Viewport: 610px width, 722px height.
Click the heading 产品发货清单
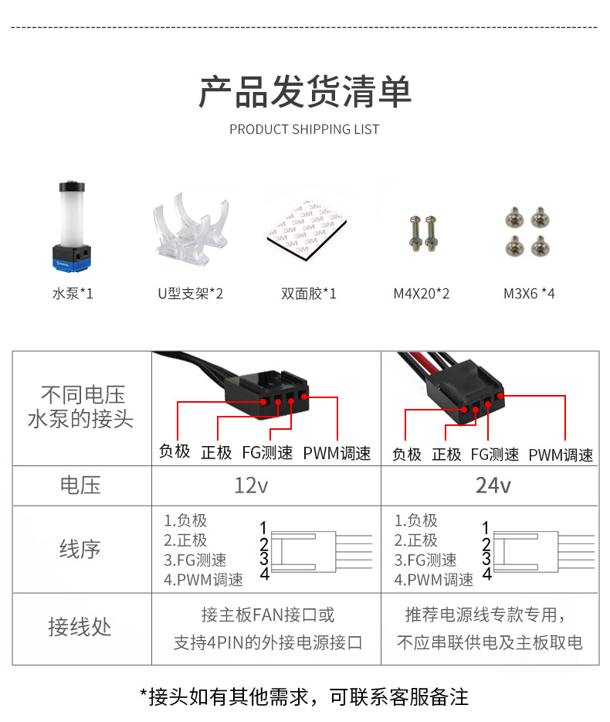[x=304, y=92]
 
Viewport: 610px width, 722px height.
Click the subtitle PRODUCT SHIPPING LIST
[x=304, y=129]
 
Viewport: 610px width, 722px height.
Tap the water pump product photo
[x=72, y=226]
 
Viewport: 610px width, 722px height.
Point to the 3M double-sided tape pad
[x=307, y=230]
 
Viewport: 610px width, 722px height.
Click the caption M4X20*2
[x=422, y=293]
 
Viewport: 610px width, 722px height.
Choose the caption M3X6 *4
[x=529, y=293]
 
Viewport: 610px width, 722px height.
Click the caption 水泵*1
[x=73, y=293]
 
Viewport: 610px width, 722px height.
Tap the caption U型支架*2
[x=191, y=293]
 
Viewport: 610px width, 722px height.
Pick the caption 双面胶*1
[x=309, y=293]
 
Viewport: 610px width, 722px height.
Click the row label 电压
[x=80, y=485]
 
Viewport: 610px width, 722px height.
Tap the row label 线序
[x=80, y=549]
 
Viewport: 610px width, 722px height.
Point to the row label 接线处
[x=80, y=627]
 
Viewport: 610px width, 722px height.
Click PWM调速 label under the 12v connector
[x=337, y=453]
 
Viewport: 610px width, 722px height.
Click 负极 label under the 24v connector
[x=407, y=455]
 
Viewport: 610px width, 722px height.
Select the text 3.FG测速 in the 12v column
[x=195, y=560]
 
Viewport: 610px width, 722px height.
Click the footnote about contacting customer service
[x=304, y=696]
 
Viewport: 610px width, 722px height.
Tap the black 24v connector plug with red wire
[x=465, y=391]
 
